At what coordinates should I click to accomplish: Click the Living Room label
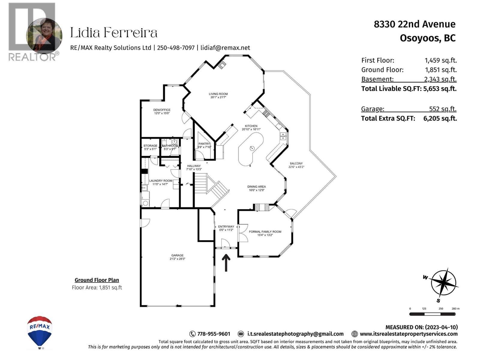(218, 94)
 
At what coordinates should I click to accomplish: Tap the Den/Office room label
(162, 110)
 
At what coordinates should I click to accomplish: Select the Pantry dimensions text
(204, 147)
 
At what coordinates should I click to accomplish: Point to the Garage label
(177, 255)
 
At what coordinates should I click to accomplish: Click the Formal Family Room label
(265, 232)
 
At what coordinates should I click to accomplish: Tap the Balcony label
(296, 163)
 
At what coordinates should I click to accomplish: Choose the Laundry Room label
(160, 181)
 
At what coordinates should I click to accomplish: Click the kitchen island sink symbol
(252, 148)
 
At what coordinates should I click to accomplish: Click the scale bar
(432, 314)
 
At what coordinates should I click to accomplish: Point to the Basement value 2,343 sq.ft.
(440, 79)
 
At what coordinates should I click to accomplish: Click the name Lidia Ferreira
(114, 33)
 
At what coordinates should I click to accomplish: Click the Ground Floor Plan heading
(97, 280)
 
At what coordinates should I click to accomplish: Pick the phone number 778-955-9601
(214, 334)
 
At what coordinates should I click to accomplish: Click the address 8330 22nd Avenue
(414, 24)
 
